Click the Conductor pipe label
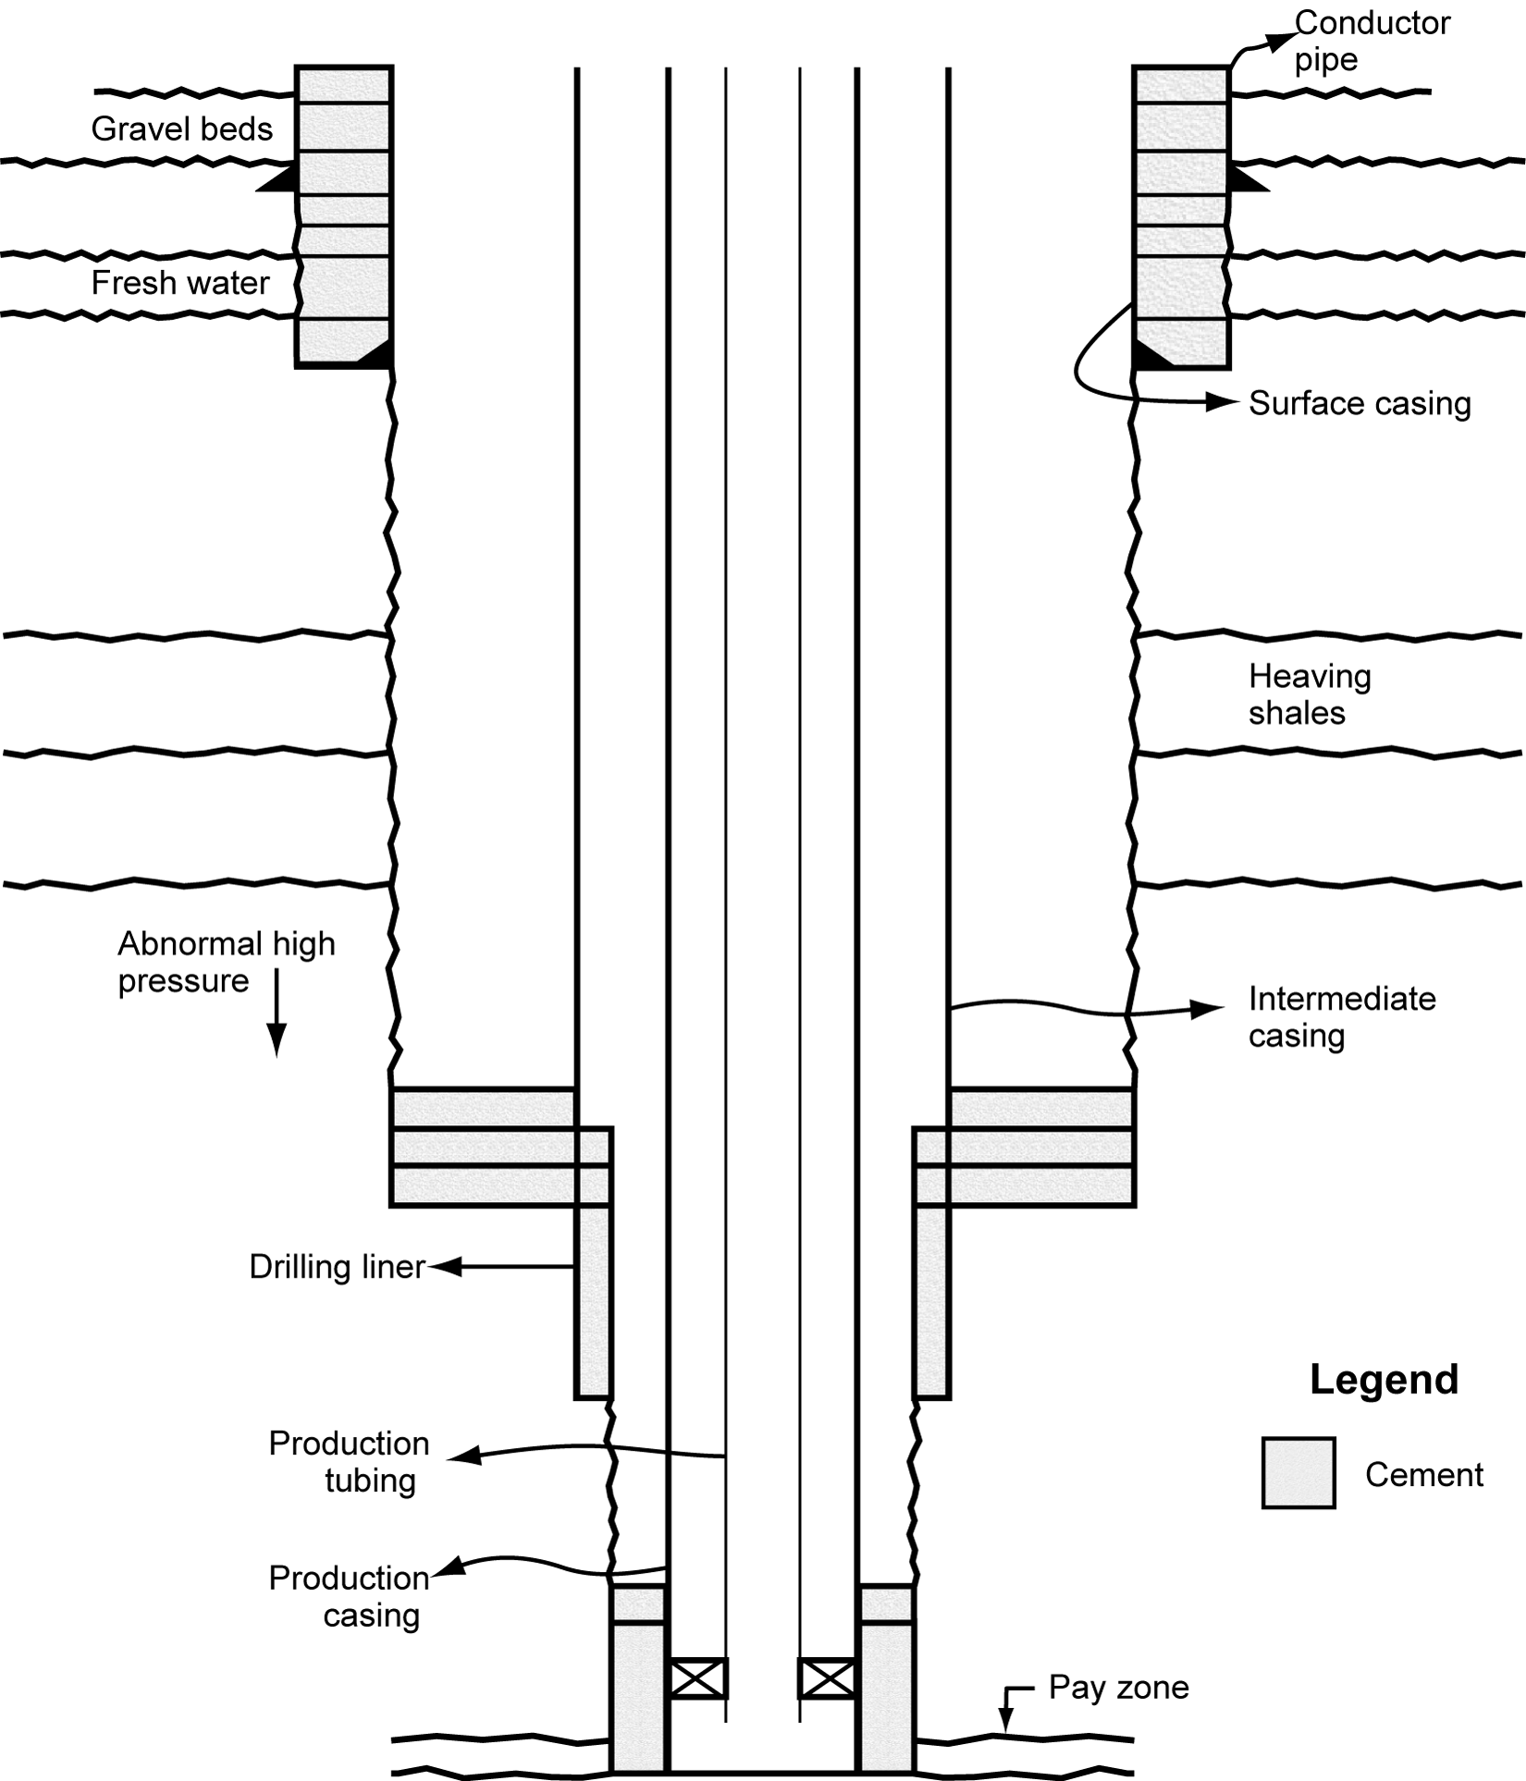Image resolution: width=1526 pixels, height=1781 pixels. pyautogui.click(x=1371, y=41)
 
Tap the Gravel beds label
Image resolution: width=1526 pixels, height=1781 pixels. pyautogui.click(x=182, y=129)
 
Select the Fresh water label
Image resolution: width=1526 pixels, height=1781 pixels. pyautogui.click(x=180, y=283)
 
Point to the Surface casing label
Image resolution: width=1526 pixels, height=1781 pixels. pyautogui.click(x=1359, y=403)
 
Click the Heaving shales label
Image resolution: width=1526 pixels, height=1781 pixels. pyautogui.click(x=1309, y=694)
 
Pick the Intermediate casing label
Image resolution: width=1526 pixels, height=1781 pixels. pyautogui.click(x=1341, y=1016)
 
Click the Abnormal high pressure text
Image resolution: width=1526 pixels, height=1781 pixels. pyautogui.click(x=226, y=962)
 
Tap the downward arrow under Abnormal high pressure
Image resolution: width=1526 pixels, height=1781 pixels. pyautogui.click(x=276, y=1017)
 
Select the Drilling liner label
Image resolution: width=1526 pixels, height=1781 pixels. pyautogui.click(x=337, y=1267)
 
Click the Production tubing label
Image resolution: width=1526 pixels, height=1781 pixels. pyautogui.click(x=350, y=1461)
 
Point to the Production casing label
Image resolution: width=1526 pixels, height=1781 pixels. pyautogui.click(x=350, y=1596)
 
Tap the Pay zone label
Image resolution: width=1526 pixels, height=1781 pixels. pyautogui.click(x=1118, y=1688)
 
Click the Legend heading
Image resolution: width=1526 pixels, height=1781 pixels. pyautogui.click(x=1384, y=1379)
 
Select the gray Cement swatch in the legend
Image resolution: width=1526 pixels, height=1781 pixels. pyautogui.click(x=1298, y=1473)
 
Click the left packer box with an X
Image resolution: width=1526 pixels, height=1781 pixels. pyautogui.click(x=697, y=1678)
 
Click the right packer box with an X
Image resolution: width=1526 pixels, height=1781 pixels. pyautogui.click(x=827, y=1678)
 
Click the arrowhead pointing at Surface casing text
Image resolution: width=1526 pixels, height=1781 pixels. pyautogui.click(x=1224, y=401)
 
